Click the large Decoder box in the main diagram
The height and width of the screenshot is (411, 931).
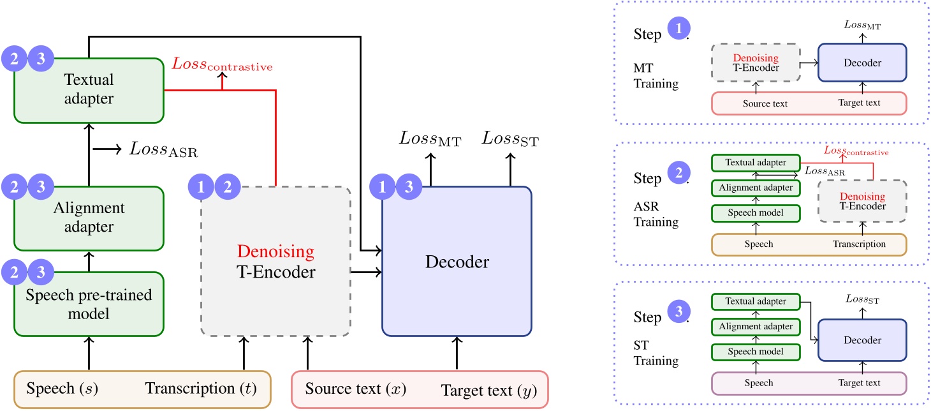457,262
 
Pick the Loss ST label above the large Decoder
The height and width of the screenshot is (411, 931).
510,138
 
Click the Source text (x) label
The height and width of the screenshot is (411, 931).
355,389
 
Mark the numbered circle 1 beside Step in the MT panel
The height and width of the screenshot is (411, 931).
678,30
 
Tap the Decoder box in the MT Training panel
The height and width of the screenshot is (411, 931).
862,63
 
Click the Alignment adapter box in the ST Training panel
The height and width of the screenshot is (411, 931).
755,327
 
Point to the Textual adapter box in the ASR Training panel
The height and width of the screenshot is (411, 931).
755,163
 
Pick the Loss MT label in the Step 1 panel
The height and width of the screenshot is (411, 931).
862,26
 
